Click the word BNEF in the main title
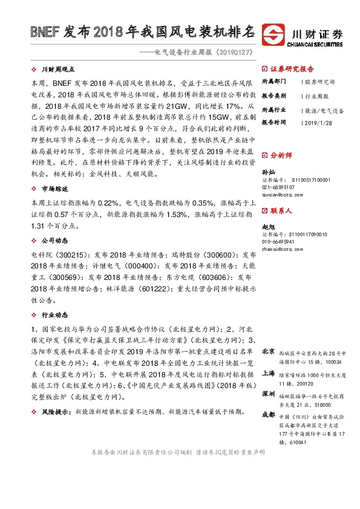point(44,31)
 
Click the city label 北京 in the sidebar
point(269,352)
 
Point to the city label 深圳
point(269,394)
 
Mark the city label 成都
point(269,415)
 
